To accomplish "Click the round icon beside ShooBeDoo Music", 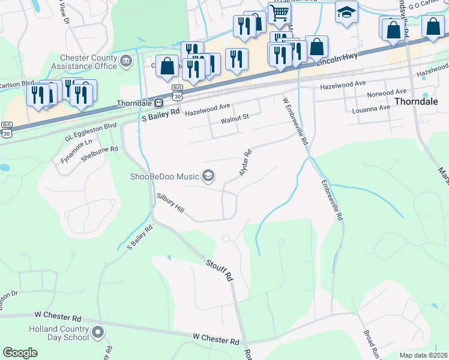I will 208,176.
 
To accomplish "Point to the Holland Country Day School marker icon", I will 98,332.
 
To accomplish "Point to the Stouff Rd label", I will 219,271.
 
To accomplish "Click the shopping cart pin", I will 279,13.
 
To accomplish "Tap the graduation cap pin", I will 346,12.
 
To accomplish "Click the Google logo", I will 20,353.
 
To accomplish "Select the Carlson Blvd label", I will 17,85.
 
